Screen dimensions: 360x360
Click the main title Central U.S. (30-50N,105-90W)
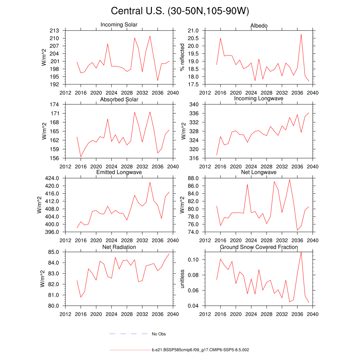tap(180, 11)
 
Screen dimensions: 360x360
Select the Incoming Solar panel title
tap(119, 25)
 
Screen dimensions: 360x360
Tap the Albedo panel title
tap(259, 26)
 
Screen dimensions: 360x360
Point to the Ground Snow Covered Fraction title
tap(259, 247)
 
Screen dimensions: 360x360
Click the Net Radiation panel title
tap(119, 247)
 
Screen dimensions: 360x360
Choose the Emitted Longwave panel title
tap(119, 172)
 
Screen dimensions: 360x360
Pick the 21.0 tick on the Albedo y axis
tap(195, 31)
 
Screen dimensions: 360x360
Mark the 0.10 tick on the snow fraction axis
tap(195, 260)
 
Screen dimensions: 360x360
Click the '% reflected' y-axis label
tap(182, 57)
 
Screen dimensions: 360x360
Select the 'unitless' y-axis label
tap(182, 279)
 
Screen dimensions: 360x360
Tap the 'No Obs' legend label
tap(159, 334)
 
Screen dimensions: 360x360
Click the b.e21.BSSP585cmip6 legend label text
tap(200, 350)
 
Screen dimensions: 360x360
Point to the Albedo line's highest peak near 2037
tap(301, 34)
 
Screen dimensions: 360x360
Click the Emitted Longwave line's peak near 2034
tap(150, 182)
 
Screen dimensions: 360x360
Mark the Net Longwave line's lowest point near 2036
tap(297, 230)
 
